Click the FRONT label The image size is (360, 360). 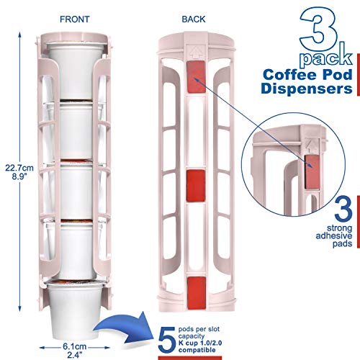click(x=75, y=19)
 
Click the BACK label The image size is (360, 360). click(x=194, y=19)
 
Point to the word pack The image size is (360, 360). click(x=326, y=55)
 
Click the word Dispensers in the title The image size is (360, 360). click(x=307, y=89)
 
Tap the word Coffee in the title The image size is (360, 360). click(x=290, y=75)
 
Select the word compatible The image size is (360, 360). click(x=197, y=350)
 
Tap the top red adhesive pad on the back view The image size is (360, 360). click(x=196, y=77)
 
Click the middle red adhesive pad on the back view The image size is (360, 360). click(x=196, y=186)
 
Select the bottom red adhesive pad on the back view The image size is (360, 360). click(x=197, y=293)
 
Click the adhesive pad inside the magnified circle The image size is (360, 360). click(x=312, y=172)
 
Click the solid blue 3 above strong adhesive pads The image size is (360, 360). click(x=343, y=210)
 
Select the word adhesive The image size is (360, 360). click(x=334, y=236)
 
